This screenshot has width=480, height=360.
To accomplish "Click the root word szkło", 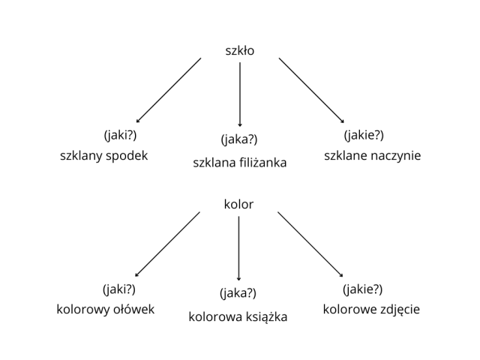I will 240,51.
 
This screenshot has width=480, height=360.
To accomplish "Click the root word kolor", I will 238,204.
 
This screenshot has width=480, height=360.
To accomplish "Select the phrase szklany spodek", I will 104,156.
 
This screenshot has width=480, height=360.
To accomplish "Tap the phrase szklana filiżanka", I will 240,162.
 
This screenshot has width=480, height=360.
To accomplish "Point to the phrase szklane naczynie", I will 373,156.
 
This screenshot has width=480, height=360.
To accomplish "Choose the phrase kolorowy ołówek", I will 106,309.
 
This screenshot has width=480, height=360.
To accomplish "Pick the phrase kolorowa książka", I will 238,316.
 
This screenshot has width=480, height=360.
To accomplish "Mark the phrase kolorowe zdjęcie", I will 371,309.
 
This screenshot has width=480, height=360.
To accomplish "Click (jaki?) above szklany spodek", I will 120,135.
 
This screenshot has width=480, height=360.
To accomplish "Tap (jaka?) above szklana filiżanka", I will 239,139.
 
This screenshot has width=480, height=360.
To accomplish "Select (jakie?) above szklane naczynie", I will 364,135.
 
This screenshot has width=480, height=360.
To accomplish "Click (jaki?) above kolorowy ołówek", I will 119,289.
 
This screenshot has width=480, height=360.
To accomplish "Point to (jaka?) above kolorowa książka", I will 238,293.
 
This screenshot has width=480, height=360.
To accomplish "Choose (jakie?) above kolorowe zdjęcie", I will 362,289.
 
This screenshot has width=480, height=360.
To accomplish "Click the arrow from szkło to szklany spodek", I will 169,90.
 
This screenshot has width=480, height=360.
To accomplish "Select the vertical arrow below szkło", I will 240,94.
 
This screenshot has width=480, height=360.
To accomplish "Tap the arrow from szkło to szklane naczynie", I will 311,90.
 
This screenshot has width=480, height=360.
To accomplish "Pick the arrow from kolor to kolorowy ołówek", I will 167,244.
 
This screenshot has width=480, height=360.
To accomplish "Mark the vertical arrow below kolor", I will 238,248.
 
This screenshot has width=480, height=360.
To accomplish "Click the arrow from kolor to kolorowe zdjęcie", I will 310,244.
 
